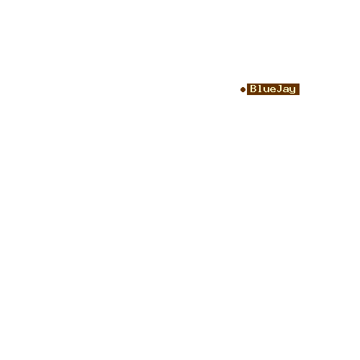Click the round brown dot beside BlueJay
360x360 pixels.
[x=243, y=89]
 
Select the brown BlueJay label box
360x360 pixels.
[x=273, y=89]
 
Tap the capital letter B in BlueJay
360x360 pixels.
[x=253, y=89]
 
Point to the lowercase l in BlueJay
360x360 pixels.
[x=260, y=89]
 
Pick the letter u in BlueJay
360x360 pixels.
[x=266, y=89]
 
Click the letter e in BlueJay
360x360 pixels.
[x=273, y=89]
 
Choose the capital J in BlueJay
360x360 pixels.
[x=279, y=89]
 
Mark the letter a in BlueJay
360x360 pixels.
[x=286, y=89]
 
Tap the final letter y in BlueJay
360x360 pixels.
[x=292, y=91]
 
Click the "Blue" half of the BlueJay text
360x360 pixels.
[x=263, y=89]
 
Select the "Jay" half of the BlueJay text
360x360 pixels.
[x=286, y=89]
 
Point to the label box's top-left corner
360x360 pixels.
[x=247, y=84]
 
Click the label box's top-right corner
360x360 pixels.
[x=300, y=84]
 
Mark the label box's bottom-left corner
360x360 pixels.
[x=247, y=95]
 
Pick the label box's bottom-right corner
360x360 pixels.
[x=300, y=95]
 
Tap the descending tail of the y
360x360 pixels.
[x=292, y=94]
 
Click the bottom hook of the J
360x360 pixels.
[x=279, y=91]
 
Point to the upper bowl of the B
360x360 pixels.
[x=253, y=86]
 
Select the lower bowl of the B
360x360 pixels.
[x=253, y=90]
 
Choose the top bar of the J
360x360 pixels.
[x=280, y=86]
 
